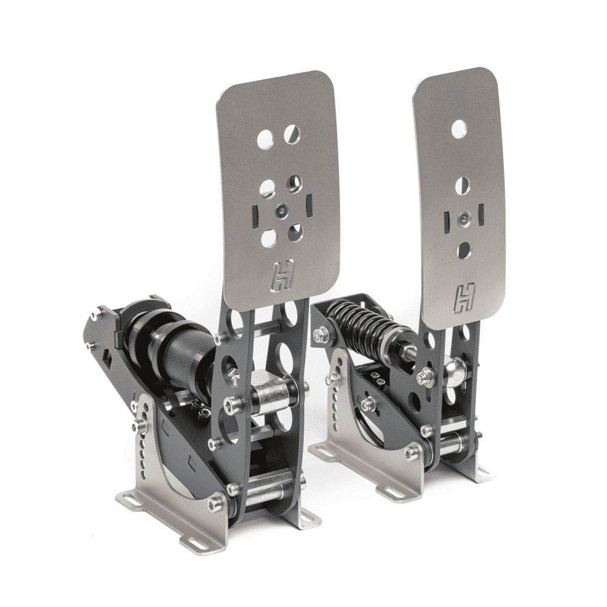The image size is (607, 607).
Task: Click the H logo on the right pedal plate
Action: tap(465, 297)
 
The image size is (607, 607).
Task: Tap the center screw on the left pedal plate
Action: tap(281, 211)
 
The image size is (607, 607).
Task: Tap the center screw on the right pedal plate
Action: tap(464, 217)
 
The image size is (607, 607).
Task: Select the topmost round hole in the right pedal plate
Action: tap(459, 128)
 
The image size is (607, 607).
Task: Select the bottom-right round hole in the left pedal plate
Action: tap(296, 232)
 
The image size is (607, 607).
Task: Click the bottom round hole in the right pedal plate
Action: tap(464, 249)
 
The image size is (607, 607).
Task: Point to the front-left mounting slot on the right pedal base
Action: tap(323, 450)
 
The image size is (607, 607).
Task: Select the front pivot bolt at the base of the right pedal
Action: tap(412, 452)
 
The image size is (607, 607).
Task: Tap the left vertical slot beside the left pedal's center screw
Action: tap(255, 214)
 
